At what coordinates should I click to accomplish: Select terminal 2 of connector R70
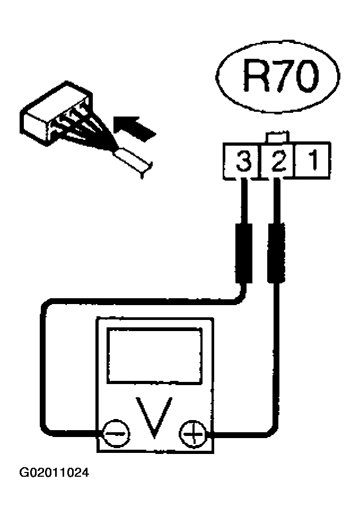coord(278,161)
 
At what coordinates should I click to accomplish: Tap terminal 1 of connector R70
coord(312,161)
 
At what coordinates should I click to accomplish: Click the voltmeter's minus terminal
coord(116,434)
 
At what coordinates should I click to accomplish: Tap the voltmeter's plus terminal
coord(192,434)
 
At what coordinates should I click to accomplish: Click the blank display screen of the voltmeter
coord(155,355)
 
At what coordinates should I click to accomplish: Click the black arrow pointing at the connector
coord(133,128)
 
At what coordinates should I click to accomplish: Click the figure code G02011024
coord(54,473)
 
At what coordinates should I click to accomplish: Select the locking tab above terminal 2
coord(277,137)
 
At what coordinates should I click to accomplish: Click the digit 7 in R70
coord(283,76)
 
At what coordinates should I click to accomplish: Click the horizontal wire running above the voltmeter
coord(142,301)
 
